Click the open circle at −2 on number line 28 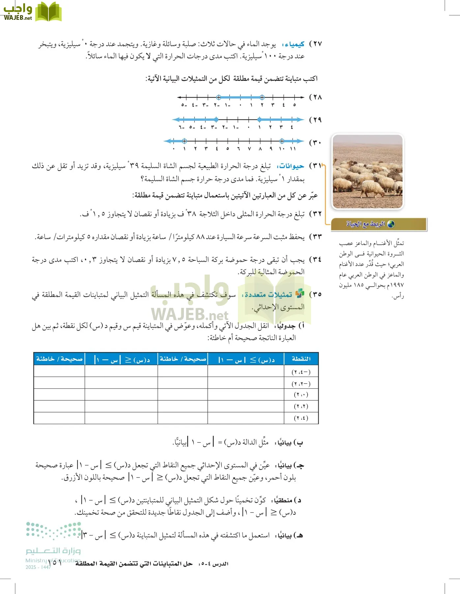[x=218, y=97]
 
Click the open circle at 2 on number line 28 [x=262, y=97]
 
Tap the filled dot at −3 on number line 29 [x=216, y=119]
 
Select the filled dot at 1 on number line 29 [x=259, y=119]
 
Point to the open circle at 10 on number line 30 [x=282, y=141]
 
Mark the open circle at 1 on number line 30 [x=185, y=141]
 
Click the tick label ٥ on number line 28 [x=294, y=105]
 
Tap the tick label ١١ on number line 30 [x=293, y=149]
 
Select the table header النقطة [x=301, y=359]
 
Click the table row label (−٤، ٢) [x=301, y=372]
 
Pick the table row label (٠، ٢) [x=301, y=395]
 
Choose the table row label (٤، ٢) [x=301, y=418]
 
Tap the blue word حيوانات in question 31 [x=290, y=166]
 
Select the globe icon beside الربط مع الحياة [x=391, y=224]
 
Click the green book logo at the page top [x=48, y=12]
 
